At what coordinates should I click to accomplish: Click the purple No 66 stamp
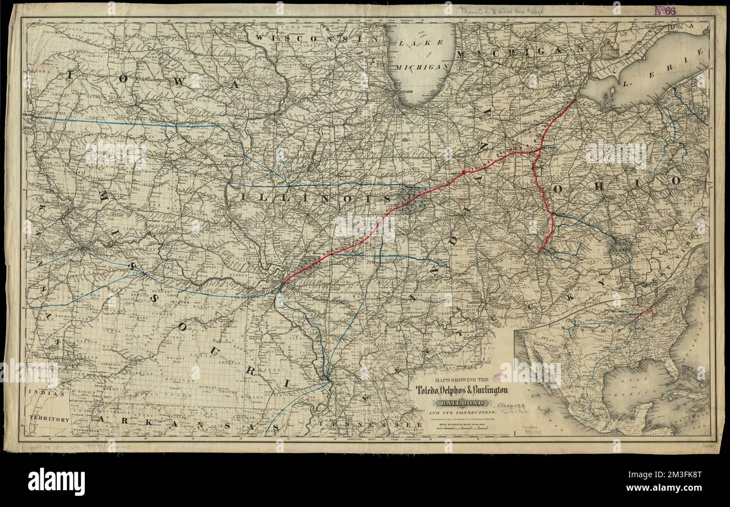(665, 10)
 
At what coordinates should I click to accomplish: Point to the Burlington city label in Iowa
(233, 156)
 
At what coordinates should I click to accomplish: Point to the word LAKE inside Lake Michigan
(421, 45)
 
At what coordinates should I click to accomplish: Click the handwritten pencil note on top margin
(500, 10)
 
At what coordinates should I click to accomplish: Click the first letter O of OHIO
(557, 189)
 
